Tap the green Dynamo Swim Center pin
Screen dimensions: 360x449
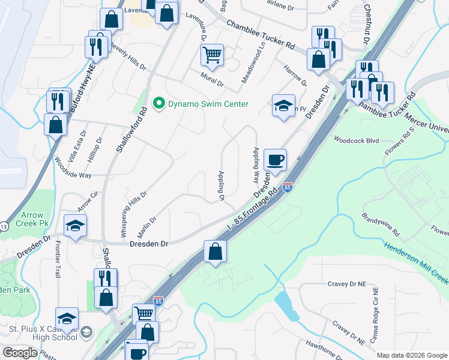pyautogui.click(x=159, y=104)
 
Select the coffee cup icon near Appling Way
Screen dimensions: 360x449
pyautogui.click(x=275, y=160)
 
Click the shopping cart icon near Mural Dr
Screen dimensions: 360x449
pyautogui.click(x=212, y=56)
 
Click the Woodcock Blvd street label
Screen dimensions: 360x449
pyautogui.click(x=357, y=139)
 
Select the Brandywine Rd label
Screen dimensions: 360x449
pyautogui.click(x=381, y=223)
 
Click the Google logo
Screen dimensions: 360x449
pyautogui.click(x=20, y=353)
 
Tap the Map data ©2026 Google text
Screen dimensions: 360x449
pyautogui.click(x=411, y=355)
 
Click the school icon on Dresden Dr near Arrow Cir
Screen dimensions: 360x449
pyautogui.click(x=76, y=226)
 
